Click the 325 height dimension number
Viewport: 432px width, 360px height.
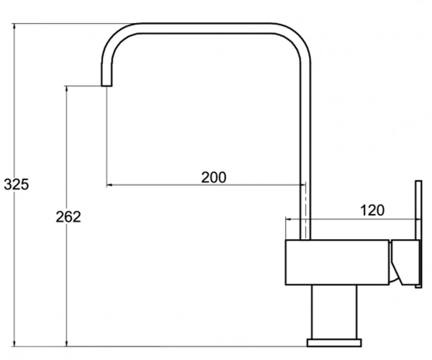point(17,184)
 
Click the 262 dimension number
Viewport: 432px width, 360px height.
point(68,217)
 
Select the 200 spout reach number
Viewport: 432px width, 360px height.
point(214,177)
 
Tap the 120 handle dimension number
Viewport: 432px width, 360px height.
point(372,210)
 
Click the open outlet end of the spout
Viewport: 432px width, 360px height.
point(107,85)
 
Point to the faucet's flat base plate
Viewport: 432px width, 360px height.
point(334,343)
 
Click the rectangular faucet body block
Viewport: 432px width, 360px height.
point(338,262)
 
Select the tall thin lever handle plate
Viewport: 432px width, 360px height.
point(418,234)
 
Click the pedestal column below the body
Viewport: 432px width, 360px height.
point(334,312)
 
